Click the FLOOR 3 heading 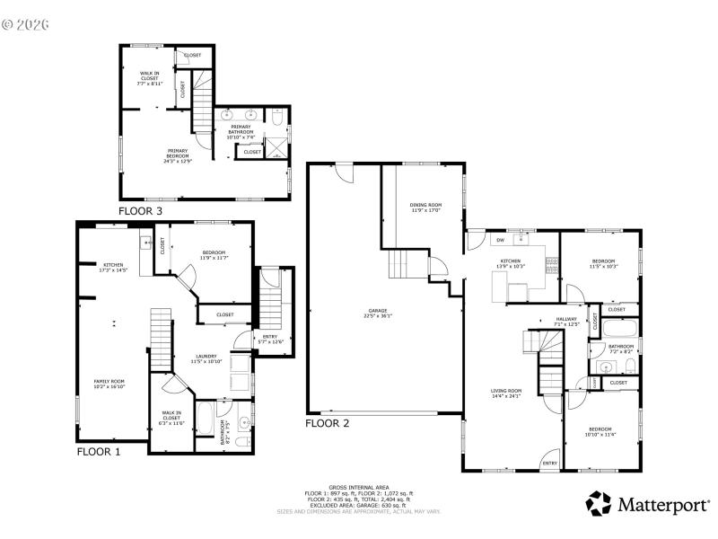point(141,211)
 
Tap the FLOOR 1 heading point(98,452)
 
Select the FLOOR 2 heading point(328,422)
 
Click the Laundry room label point(207,358)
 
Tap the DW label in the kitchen point(499,241)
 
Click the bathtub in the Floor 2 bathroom point(619,329)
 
